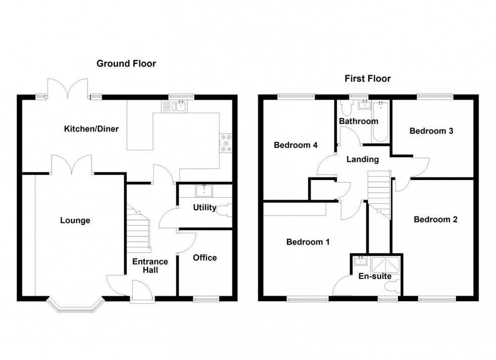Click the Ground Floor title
pos(126,64)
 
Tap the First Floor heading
pos(367,78)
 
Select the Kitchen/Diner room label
pos(91,129)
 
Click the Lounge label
pos(75,220)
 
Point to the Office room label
pos(204,258)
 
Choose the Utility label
pos(204,208)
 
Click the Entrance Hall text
pos(150,266)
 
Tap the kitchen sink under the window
pos(175,106)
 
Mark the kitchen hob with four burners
pos(225,143)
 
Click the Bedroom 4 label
pos(296,145)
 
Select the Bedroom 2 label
pos(435,219)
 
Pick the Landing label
pos(362,159)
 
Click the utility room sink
pos(204,191)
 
